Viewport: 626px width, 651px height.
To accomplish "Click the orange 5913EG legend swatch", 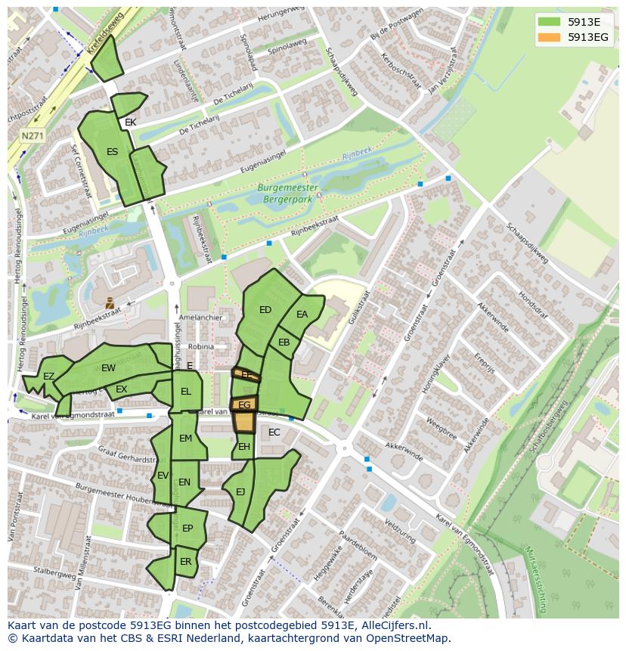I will click(x=550, y=37).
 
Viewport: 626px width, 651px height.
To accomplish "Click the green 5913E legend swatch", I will click(x=550, y=22).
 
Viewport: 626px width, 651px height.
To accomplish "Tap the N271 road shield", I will click(x=32, y=136).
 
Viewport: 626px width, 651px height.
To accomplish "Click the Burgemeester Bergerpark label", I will click(x=287, y=193).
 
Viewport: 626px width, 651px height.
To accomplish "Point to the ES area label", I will click(x=112, y=152).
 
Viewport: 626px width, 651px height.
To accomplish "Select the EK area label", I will click(x=130, y=122).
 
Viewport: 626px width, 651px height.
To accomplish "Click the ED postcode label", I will click(x=265, y=310).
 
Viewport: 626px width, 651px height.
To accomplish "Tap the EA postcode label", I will click(x=302, y=315).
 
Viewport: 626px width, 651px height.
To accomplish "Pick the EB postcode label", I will click(x=284, y=343).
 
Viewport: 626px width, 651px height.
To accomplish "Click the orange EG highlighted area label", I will click(x=244, y=405).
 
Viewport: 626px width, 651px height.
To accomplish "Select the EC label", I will click(x=274, y=432).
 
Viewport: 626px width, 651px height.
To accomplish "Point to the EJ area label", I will click(x=240, y=492).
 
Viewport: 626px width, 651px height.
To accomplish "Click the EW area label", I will click(x=108, y=368).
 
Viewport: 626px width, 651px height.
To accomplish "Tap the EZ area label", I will click(x=48, y=377).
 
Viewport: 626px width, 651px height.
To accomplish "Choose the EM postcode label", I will click(x=185, y=439).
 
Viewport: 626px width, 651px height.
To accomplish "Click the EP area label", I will click(x=187, y=529).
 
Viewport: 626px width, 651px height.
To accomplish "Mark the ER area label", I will click(x=185, y=562).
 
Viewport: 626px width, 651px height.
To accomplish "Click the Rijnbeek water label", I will click(x=355, y=155).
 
